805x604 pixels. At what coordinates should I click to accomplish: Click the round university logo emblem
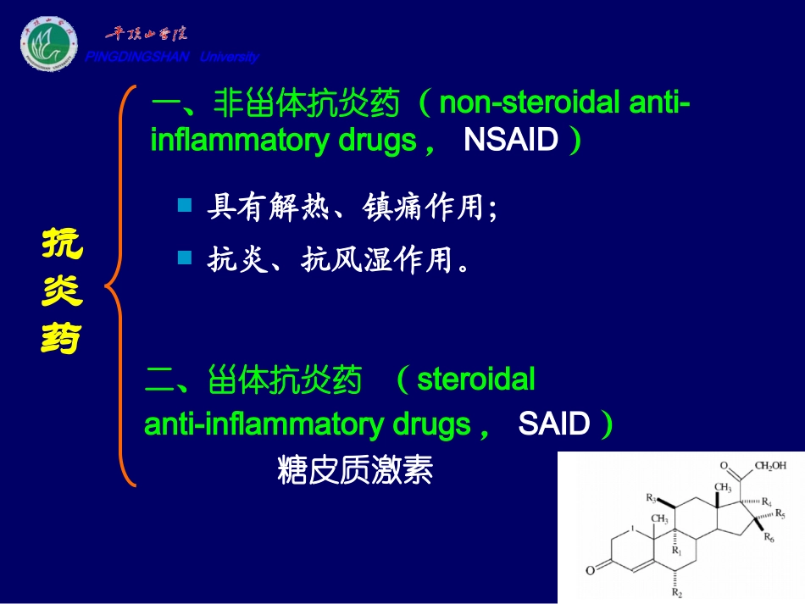[x=48, y=44]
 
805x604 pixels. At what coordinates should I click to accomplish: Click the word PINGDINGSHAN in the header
[x=137, y=58]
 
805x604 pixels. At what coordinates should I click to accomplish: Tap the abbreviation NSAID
[x=511, y=140]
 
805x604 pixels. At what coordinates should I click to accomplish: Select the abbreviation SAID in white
[x=553, y=424]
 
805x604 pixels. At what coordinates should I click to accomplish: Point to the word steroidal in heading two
[x=476, y=379]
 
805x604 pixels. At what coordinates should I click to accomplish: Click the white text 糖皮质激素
[x=354, y=470]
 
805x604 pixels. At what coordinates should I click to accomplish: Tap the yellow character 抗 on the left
[x=62, y=245]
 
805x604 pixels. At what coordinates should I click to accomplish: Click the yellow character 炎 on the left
[x=62, y=292]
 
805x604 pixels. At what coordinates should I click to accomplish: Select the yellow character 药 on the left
[x=62, y=339]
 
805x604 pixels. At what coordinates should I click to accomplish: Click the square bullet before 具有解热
[x=185, y=205]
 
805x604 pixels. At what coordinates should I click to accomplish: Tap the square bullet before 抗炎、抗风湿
[x=185, y=257]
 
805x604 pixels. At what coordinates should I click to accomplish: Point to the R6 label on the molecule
[x=769, y=537]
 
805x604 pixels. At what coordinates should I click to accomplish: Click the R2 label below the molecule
[x=676, y=593]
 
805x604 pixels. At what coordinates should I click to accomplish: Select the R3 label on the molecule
[x=652, y=497]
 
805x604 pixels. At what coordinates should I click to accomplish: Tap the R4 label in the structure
[x=766, y=502]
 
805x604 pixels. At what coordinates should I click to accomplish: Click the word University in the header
[x=229, y=58]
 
